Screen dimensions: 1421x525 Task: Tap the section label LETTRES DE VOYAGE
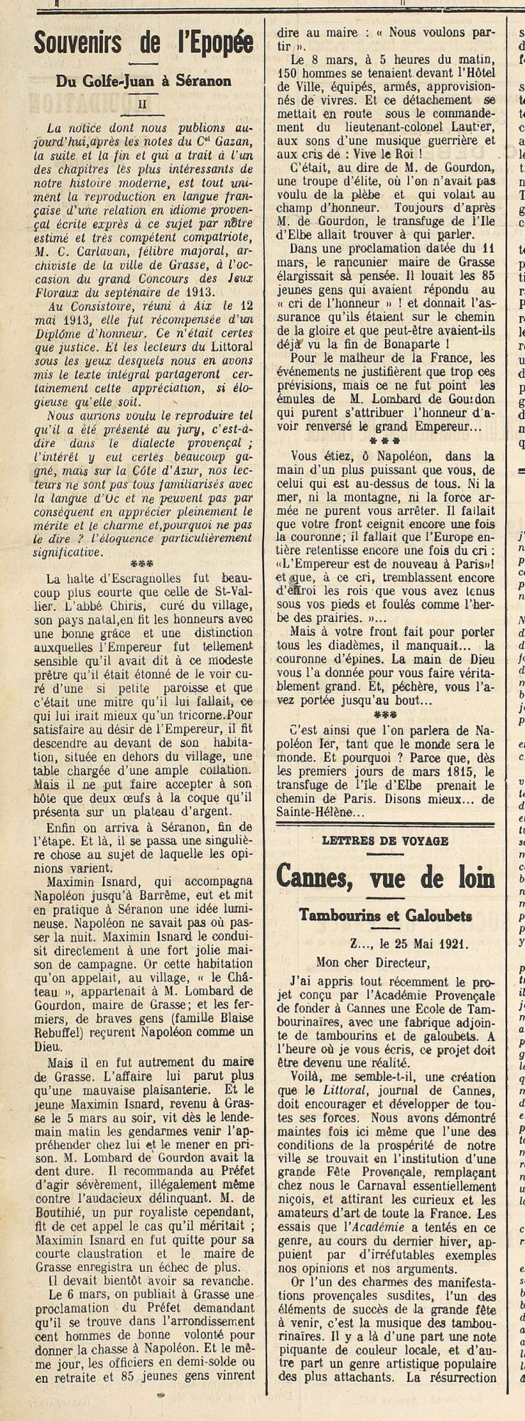(385, 841)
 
